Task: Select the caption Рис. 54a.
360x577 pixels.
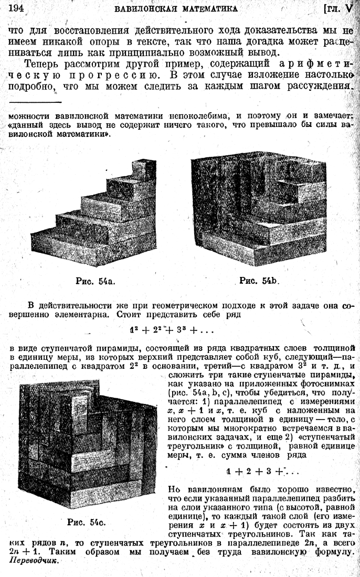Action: pos(94,281)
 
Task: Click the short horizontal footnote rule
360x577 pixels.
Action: pos(36,102)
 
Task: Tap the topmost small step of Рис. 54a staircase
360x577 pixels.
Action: pos(142,168)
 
